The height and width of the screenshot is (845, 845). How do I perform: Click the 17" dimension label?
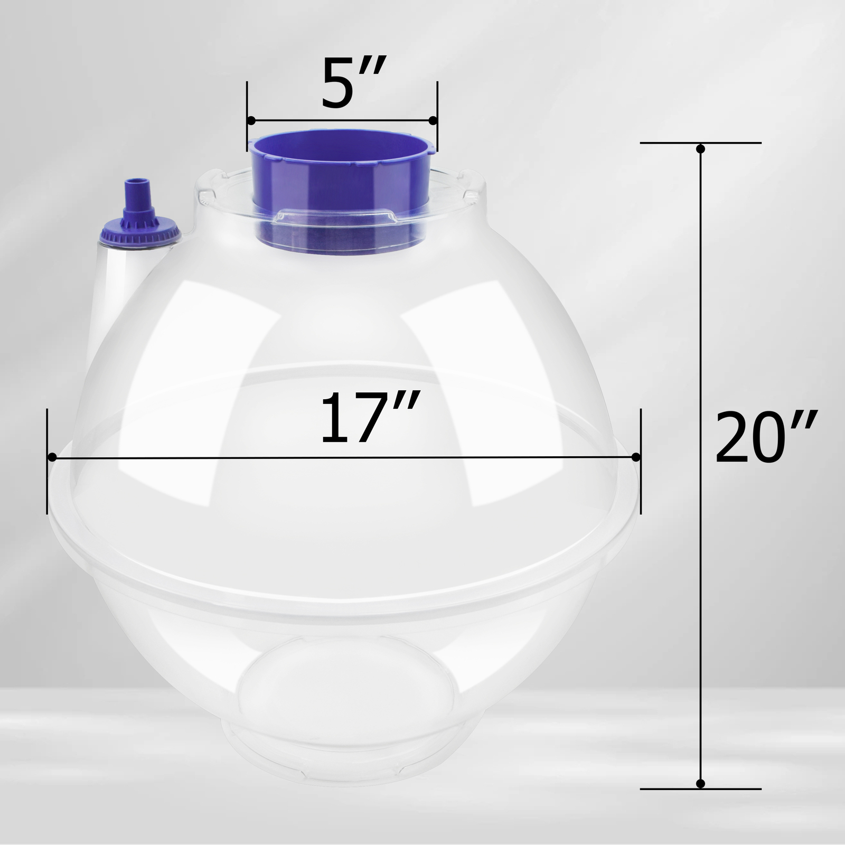pyautogui.click(x=370, y=417)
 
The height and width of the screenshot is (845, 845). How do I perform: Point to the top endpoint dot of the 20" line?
pyautogui.click(x=700, y=149)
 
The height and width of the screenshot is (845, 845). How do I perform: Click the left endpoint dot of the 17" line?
pyautogui.click(x=52, y=457)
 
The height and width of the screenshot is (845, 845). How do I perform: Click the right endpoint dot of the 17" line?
pyautogui.click(x=636, y=457)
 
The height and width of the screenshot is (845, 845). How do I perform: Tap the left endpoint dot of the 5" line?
pyautogui.click(x=251, y=121)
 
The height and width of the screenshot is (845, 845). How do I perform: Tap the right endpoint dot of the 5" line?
pyautogui.click(x=433, y=121)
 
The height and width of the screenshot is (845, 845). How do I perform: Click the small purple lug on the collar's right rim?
pyautogui.click(x=433, y=149)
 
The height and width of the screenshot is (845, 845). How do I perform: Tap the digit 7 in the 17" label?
pyautogui.click(x=393, y=417)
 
